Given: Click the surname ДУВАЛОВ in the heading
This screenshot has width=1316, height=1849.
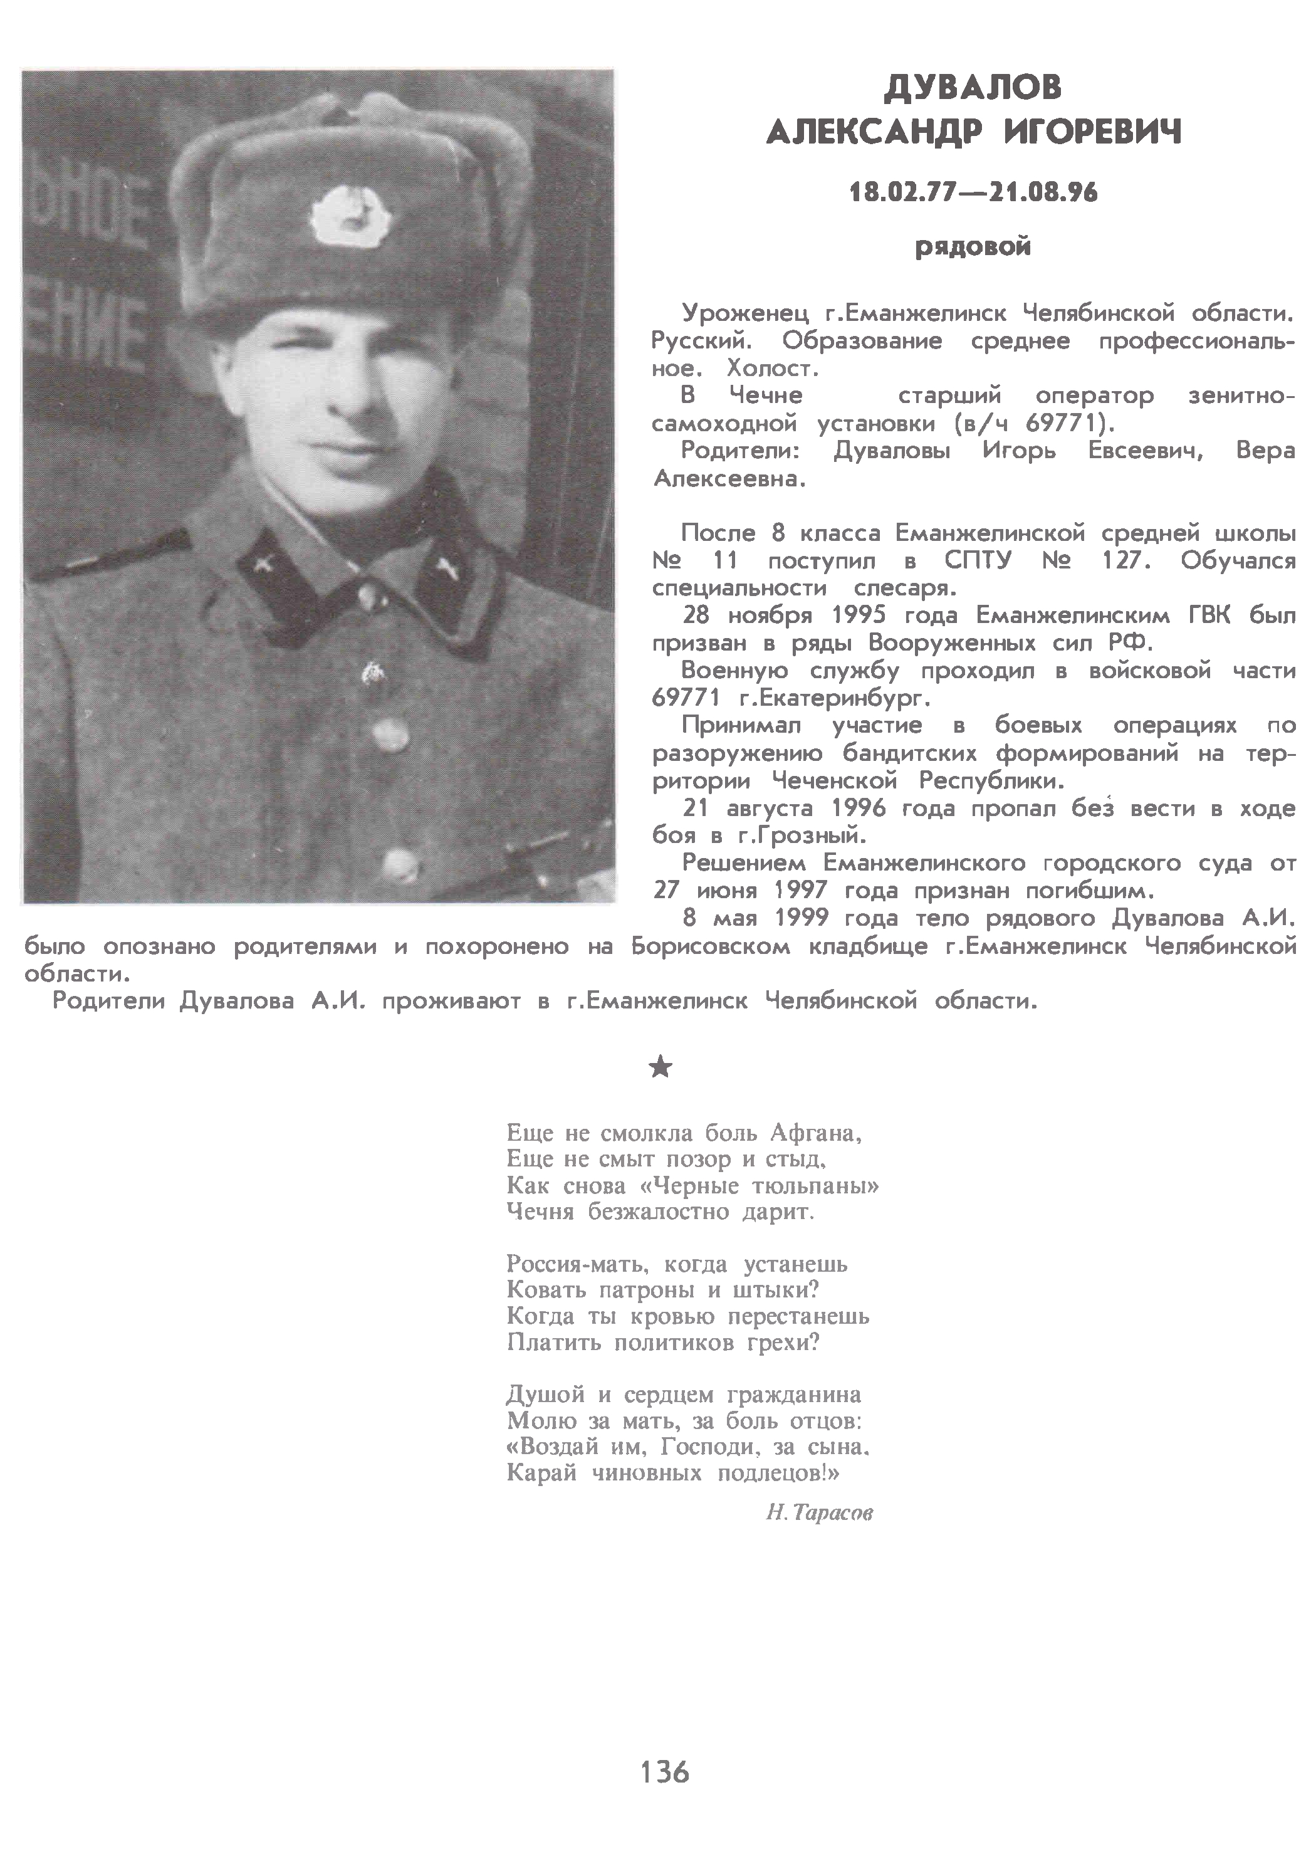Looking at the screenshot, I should pyautogui.click(x=973, y=88).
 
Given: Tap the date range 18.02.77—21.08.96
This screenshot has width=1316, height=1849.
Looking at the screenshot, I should pyautogui.click(x=973, y=193).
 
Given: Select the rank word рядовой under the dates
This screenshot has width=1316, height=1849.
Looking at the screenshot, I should pyautogui.click(x=973, y=246).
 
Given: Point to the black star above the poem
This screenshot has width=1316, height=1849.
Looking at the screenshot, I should pyautogui.click(x=661, y=1068).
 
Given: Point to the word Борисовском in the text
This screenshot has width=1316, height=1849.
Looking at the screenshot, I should pyautogui.click(x=711, y=946).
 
